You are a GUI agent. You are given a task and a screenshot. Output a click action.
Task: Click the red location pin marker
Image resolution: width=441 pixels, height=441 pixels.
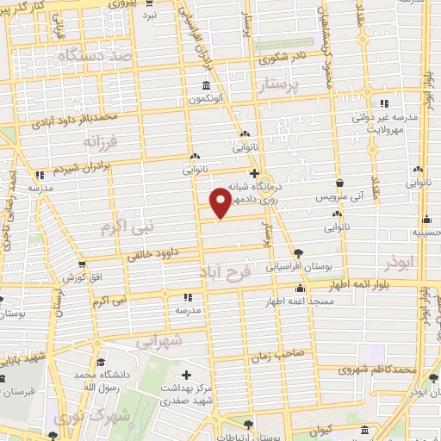coord(220,202)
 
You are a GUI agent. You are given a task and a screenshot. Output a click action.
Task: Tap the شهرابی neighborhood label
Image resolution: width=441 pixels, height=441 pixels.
coord(159,341)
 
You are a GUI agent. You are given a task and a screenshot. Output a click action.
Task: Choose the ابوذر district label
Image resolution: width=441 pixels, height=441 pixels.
coord(401,259)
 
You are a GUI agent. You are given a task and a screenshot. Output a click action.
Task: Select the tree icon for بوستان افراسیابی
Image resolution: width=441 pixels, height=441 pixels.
coord(299,252)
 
